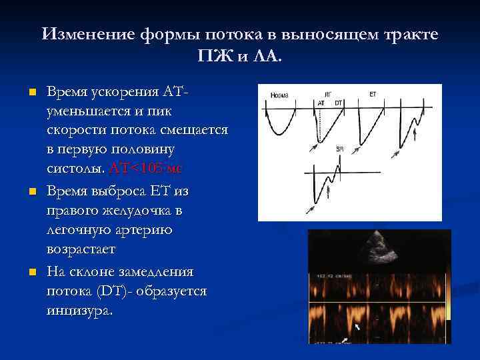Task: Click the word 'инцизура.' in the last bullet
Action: (x=80, y=311)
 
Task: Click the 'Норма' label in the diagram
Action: (x=280, y=95)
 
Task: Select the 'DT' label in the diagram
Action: (x=338, y=103)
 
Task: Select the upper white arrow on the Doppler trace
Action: (x=357, y=327)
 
